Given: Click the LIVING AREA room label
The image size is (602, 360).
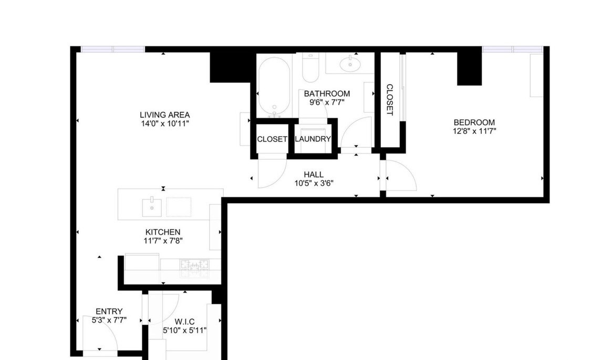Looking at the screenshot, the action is [165, 115].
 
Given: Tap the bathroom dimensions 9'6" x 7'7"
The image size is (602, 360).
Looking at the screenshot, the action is [327, 102].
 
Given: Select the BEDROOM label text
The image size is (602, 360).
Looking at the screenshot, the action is [474, 122].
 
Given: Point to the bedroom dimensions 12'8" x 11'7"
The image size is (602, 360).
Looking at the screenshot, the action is [474, 131].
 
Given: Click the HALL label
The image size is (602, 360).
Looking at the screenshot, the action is [314, 175].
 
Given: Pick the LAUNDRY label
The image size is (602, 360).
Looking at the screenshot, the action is [313, 139].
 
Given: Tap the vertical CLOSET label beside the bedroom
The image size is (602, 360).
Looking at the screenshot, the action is [390, 100].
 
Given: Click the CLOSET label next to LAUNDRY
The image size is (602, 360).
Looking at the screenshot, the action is [272, 139].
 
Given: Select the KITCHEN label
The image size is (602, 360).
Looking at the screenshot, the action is [163, 232].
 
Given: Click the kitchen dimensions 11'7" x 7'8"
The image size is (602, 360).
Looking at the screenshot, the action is [163, 241].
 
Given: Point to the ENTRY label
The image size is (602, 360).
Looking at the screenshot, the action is [109, 312].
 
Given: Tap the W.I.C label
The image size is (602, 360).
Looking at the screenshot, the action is [185, 322].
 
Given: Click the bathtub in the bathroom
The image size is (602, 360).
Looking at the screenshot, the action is [274, 87].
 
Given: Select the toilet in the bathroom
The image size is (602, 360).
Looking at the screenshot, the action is [310, 68].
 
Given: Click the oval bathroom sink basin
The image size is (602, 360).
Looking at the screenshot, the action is [350, 64].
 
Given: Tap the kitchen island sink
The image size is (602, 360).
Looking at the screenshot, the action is [152, 208].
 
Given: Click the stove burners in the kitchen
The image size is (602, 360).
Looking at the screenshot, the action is [195, 268].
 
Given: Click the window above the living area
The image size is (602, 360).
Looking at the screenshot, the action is [113, 49].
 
